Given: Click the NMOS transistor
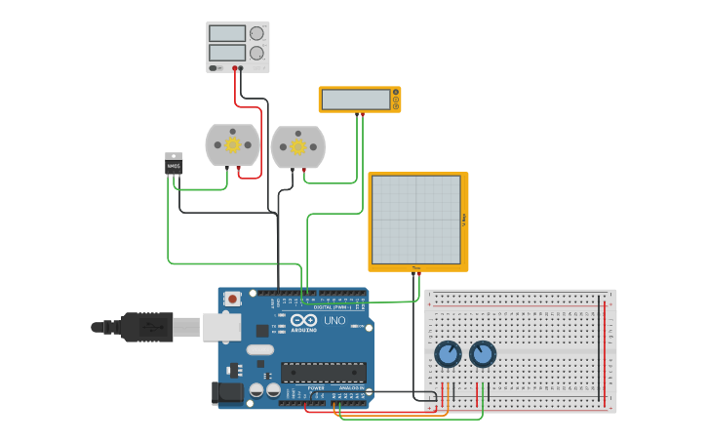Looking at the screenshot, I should (x=174, y=165).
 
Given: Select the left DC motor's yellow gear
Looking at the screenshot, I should (x=232, y=145).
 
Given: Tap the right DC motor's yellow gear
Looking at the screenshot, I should (x=297, y=147).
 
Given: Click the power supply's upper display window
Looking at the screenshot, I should (x=227, y=33).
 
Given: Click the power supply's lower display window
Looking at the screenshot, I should (x=227, y=53).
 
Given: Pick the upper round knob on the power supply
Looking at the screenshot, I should (x=256, y=33).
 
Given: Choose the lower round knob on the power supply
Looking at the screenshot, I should (x=256, y=53).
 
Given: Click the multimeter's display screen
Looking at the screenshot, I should (x=356, y=100).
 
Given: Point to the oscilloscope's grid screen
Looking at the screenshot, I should (x=416, y=220).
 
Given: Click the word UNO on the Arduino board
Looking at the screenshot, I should (x=334, y=320).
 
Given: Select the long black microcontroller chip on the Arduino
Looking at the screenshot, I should (x=324, y=372).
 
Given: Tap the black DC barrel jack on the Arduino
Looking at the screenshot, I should (x=226, y=392).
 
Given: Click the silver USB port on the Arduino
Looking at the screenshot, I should (x=221, y=327).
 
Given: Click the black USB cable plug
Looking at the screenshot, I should (x=146, y=327).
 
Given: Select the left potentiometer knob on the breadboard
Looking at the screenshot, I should (x=448, y=354).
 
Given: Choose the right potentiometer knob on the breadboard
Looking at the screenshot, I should (x=483, y=354).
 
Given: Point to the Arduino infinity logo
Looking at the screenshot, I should (x=303, y=320).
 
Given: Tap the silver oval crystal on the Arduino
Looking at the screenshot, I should (x=260, y=349).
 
